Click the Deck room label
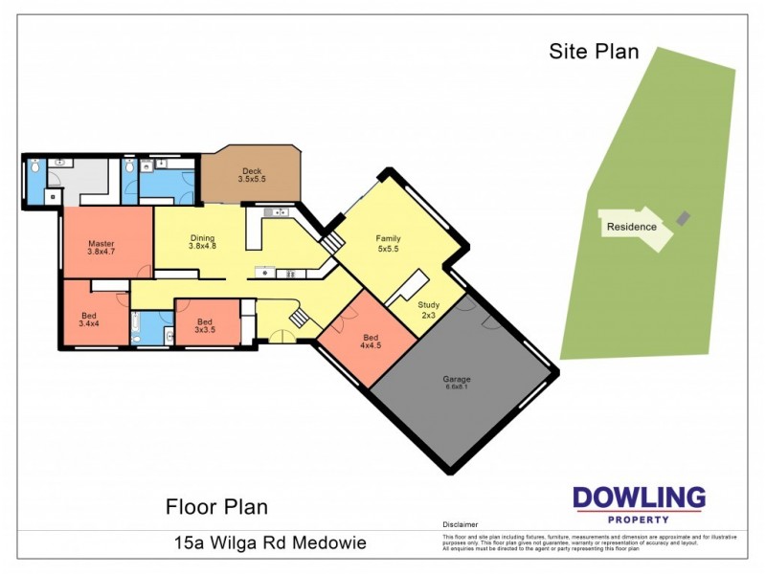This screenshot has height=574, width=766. pos(253,175)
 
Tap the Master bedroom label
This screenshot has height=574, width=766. pos(101,247)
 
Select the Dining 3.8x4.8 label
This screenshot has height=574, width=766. pos(202,243)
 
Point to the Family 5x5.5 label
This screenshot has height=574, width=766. pos(389,243)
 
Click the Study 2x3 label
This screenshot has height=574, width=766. pos(427,310)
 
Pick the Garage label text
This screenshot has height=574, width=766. pos(456,382)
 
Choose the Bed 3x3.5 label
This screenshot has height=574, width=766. pos(204,326)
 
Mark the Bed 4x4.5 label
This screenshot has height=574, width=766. pos(370,342)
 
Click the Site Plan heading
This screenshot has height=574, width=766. pos(593,52)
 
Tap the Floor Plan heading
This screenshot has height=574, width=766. pos(216,506)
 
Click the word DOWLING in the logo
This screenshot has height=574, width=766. pos(639,497)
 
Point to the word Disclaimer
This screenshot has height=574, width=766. pos(460,525)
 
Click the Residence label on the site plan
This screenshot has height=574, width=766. pos(631,227)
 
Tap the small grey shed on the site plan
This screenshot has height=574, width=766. pos(683,219)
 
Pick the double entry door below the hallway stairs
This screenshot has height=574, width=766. pos(279,335)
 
